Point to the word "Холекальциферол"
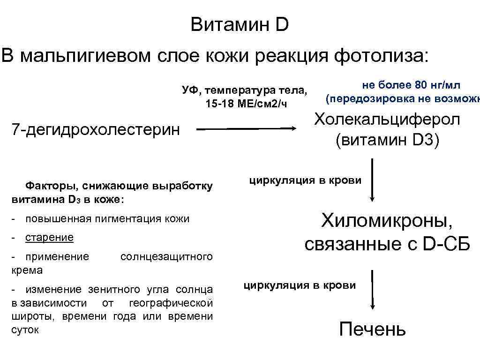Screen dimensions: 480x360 [387, 120]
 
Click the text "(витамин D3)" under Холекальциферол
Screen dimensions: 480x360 [387, 140]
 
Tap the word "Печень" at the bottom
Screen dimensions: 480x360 [372, 329]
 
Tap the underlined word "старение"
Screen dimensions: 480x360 [49, 237]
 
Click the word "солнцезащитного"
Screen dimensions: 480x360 [166, 256]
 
